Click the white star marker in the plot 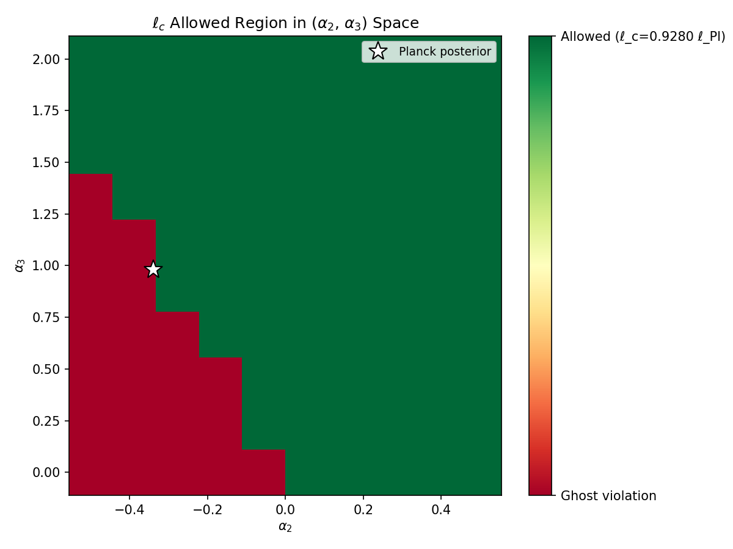pos(153,269)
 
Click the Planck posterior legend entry pos(429,52)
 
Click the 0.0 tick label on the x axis pos(285,508)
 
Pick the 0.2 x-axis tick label pos(363,508)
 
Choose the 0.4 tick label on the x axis pos(442,508)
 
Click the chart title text pos(285,24)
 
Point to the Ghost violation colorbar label pos(608,496)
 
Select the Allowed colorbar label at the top pos(643,37)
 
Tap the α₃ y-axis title pos(20,265)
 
